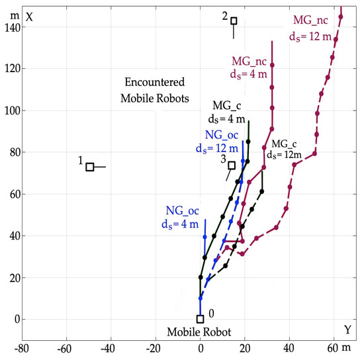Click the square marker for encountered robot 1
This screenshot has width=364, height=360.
tap(91, 167)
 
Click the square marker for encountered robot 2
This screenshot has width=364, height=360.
tap(234, 21)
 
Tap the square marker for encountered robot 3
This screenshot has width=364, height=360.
tap(232, 165)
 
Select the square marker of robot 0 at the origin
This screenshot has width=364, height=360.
tap(200, 319)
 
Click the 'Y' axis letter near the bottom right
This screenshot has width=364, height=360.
tap(347, 329)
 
